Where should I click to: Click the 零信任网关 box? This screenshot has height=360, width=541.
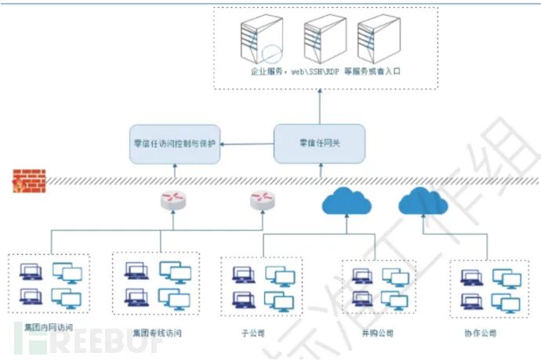coord(319,144)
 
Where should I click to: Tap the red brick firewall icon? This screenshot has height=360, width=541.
coord(28,181)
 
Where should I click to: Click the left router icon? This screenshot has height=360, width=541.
coord(173,202)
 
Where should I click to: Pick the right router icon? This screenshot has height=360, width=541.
coord(261,202)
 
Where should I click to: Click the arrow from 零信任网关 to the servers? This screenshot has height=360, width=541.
coord(319,106)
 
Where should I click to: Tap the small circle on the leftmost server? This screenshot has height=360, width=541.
coord(272,55)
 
